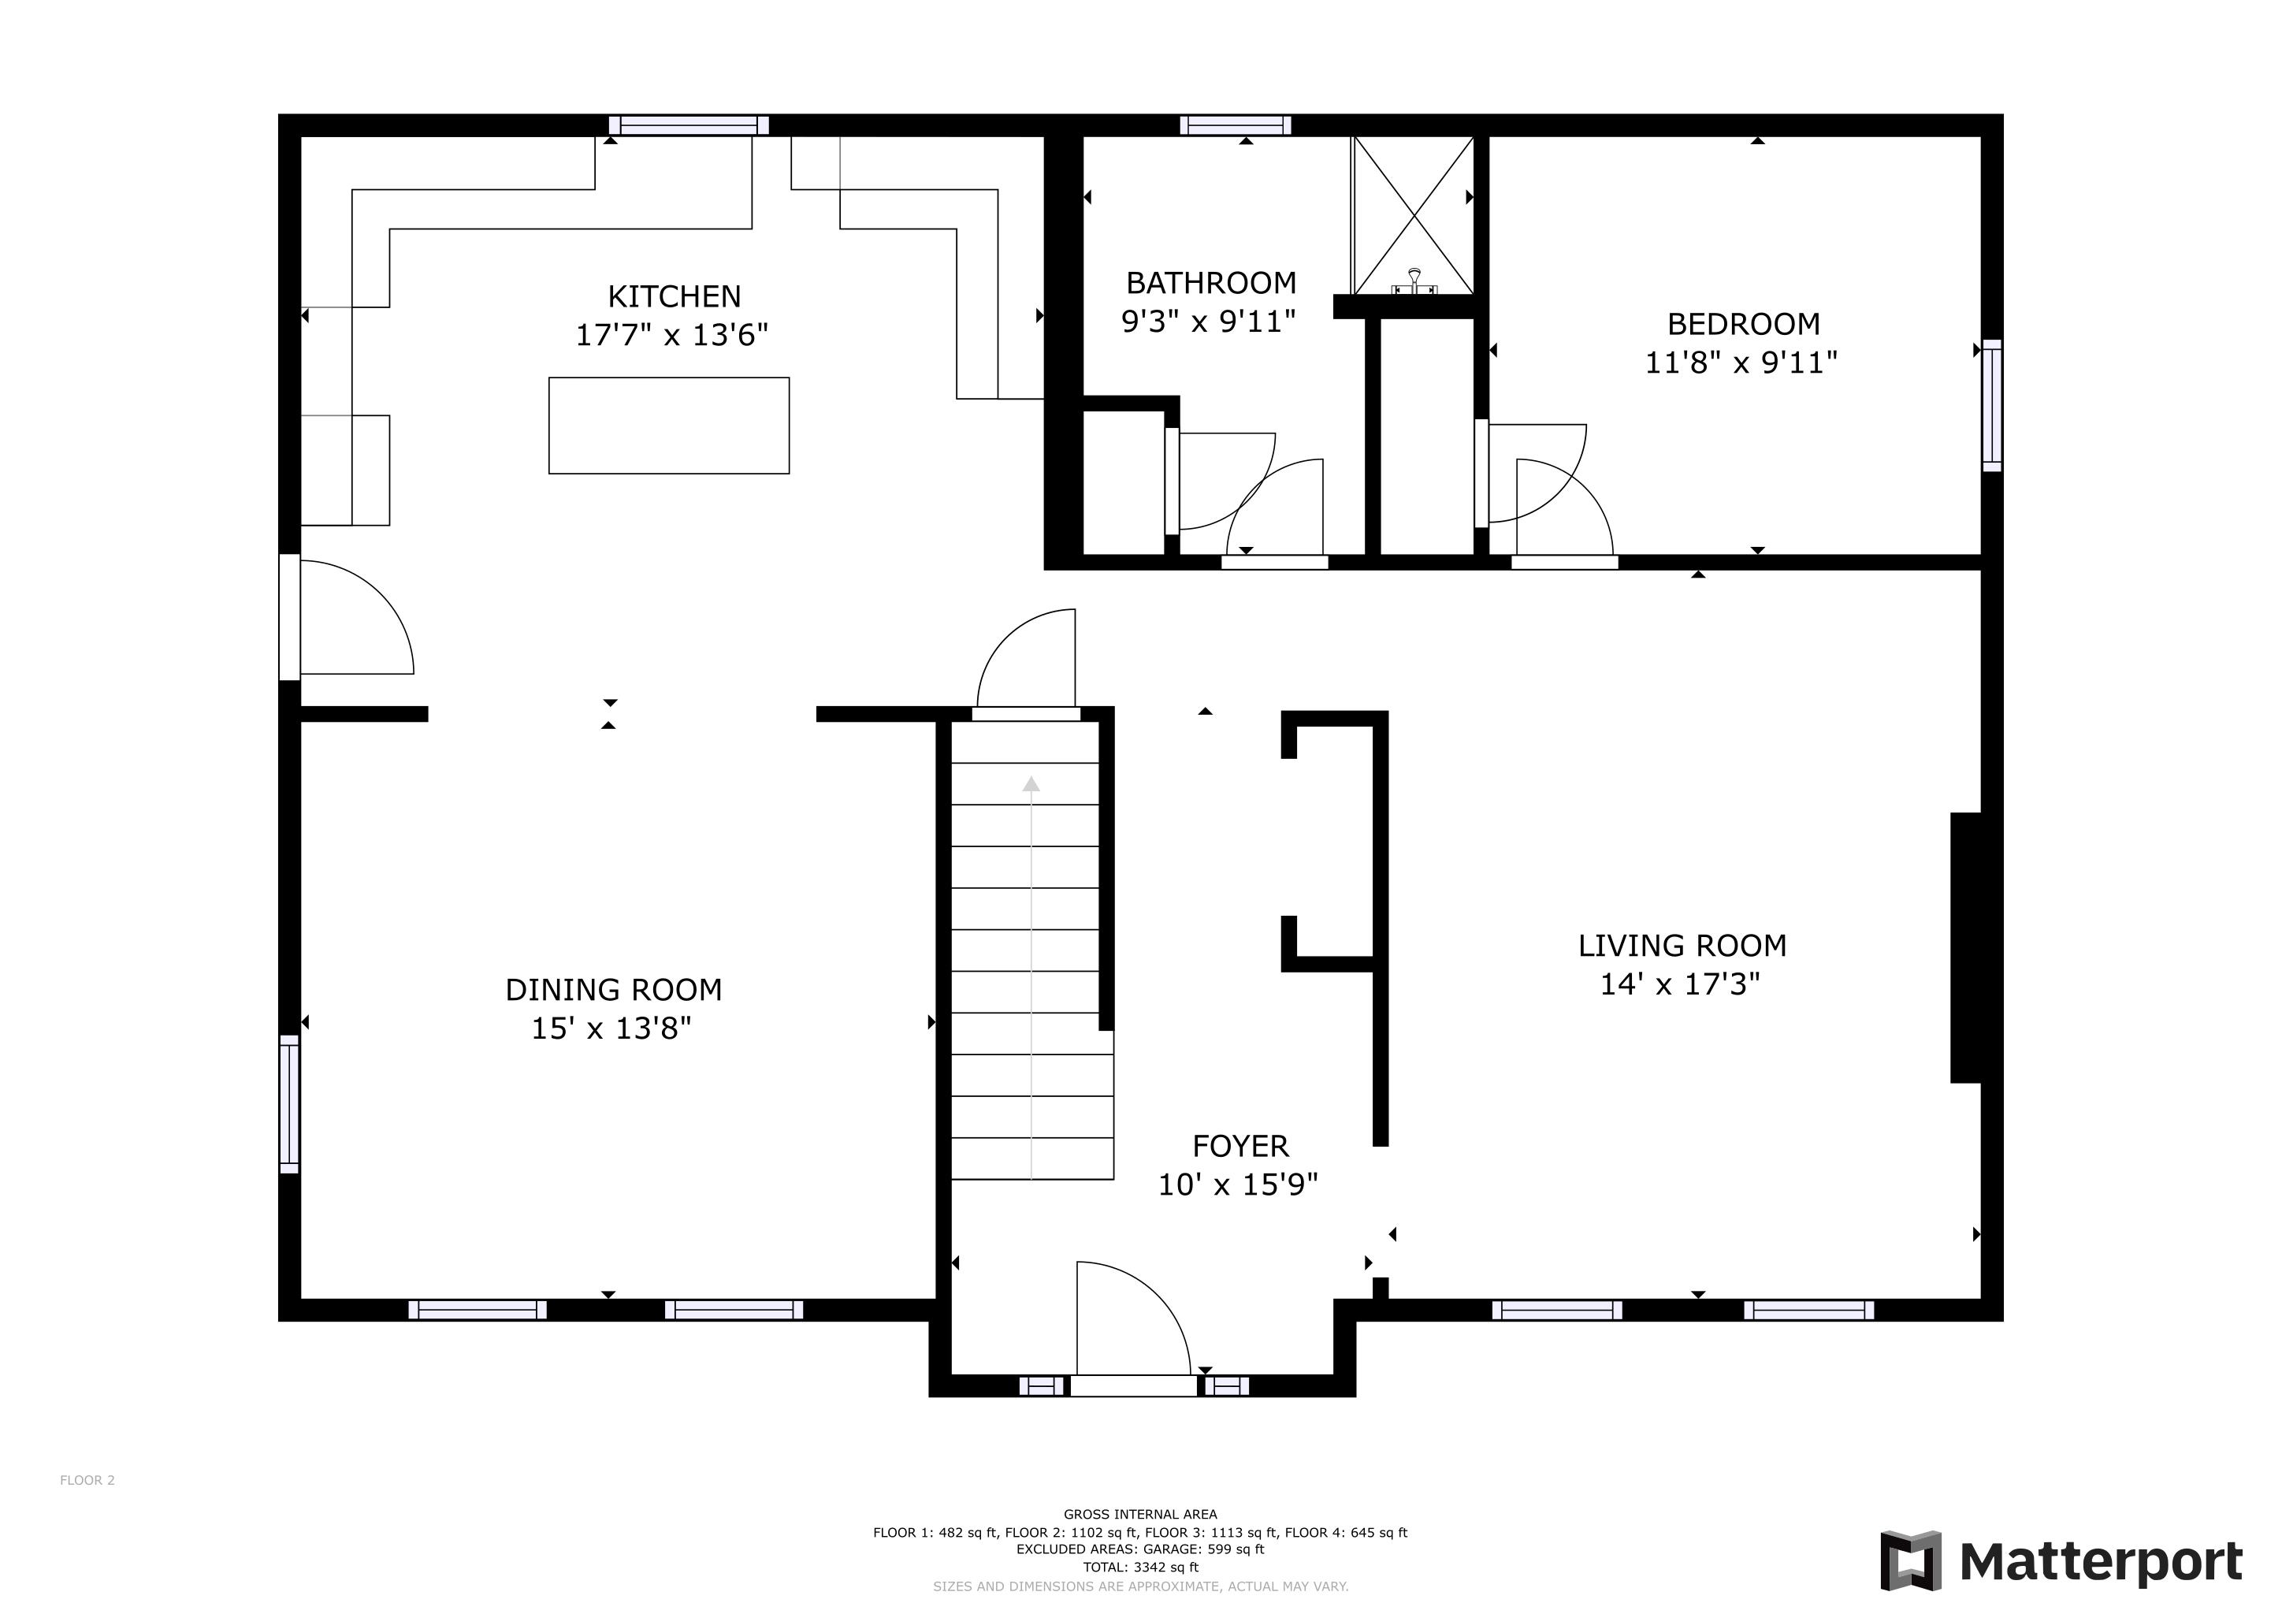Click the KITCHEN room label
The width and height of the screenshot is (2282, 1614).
(674, 296)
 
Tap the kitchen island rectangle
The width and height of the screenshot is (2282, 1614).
(669, 426)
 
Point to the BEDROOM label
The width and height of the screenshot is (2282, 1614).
(1743, 324)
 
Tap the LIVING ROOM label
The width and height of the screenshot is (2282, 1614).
(1682, 945)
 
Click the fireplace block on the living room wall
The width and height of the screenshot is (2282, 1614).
(1966, 947)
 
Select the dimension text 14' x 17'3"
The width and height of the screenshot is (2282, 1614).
(1680, 984)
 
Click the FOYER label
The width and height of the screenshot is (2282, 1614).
(1240, 1146)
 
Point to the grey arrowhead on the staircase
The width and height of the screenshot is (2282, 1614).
(1031, 784)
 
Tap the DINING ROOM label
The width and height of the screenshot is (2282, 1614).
(613, 990)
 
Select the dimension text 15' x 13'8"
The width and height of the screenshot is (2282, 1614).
(611, 1028)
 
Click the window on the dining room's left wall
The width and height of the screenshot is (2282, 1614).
(289, 1103)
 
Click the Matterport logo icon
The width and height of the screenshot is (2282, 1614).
(1910, 1560)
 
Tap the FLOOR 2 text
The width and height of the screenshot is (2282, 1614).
(87, 1480)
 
